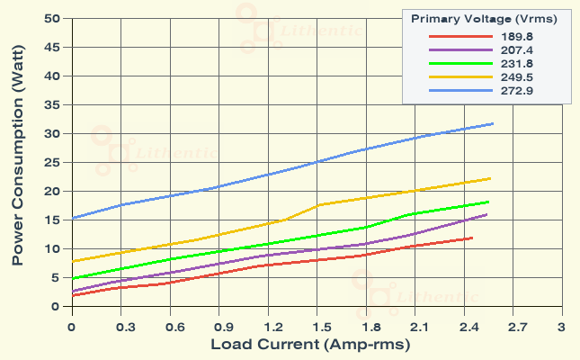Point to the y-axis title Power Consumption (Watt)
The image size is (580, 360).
point(17,168)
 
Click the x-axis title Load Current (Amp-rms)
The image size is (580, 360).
point(310,345)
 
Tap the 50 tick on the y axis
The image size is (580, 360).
point(52,19)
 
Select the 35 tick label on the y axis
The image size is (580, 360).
point(52,105)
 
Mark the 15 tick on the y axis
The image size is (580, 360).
point(52,220)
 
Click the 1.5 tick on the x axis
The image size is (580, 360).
point(317,325)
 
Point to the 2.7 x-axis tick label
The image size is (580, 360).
point(513,325)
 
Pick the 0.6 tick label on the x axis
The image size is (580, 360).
point(169,325)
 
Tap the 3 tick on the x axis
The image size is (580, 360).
point(561,325)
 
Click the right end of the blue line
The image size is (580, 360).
point(494,123)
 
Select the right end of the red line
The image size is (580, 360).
point(472,238)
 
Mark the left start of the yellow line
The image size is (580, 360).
point(72,262)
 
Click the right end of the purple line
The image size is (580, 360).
point(487,214)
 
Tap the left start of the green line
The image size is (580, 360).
point(72,279)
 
